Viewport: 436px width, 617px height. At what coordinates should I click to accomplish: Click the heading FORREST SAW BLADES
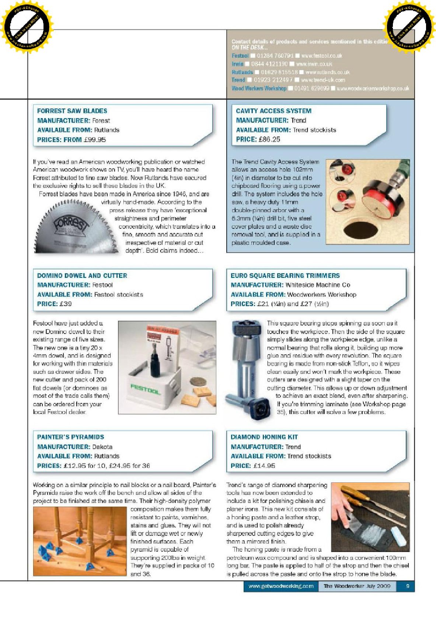72,111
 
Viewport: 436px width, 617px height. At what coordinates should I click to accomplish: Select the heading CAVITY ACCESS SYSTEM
273,111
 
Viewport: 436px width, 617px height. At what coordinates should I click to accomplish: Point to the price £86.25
269,139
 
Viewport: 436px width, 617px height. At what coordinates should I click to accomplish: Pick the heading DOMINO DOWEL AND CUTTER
82,276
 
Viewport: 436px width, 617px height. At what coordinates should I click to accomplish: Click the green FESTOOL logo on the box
146,389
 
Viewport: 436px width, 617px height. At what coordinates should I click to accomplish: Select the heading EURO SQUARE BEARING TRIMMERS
285,276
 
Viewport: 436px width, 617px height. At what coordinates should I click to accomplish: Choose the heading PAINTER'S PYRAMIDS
70,437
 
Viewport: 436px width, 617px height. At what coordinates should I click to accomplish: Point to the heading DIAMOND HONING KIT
264,437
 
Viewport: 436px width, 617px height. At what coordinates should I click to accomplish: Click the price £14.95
264,466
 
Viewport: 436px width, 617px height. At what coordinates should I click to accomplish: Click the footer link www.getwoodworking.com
281,586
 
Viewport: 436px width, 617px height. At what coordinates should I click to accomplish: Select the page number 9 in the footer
407,586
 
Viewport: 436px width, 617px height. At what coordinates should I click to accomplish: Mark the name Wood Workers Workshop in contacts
259,89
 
